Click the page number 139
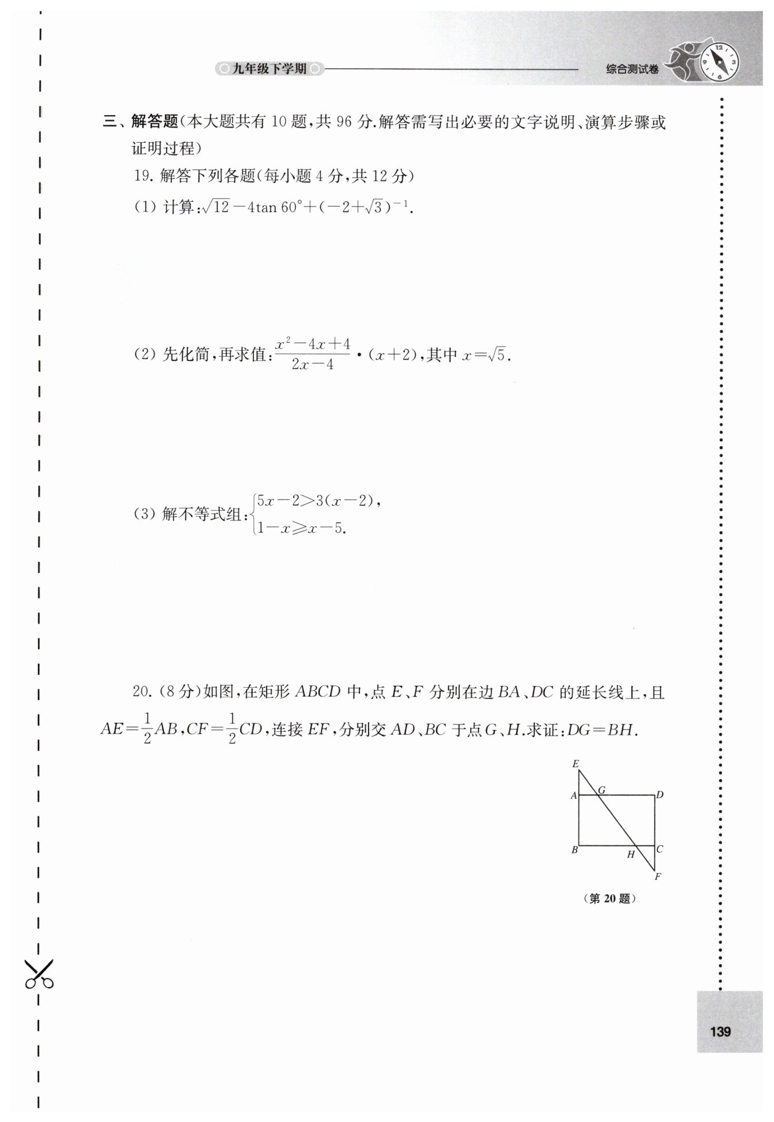pyautogui.click(x=720, y=1031)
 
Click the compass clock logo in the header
pyautogui.click(x=720, y=59)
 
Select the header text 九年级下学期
pyautogui.click(x=269, y=69)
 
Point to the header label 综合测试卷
pyautogui.click(x=632, y=69)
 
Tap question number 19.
pyautogui.click(x=142, y=176)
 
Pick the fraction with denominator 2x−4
pyautogui.click(x=312, y=354)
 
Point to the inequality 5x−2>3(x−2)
pyautogui.click(x=315, y=500)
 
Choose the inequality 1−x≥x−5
pyautogui.click(x=302, y=528)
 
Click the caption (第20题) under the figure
pyautogui.click(x=609, y=899)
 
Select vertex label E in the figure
pyautogui.click(x=575, y=763)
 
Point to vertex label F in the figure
pyautogui.click(x=658, y=876)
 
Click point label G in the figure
pyautogui.click(x=601, y=790)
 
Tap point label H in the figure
pyautogui.click(x=631, y=855)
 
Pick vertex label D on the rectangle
pyautogui.click(x=660, y=795)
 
